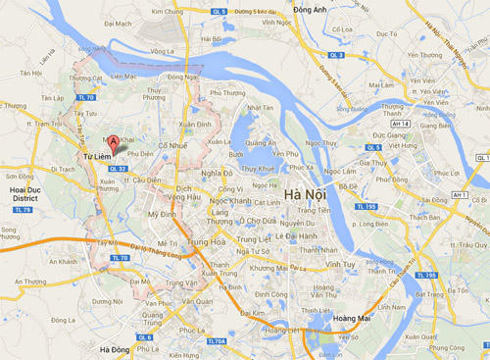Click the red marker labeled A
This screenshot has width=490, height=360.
coord(113,144)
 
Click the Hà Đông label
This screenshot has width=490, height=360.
coord(118,347)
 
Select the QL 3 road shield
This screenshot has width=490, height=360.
coord(336,56)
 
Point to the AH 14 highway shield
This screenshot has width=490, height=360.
coord(399,126)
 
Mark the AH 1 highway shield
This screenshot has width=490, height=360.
coord(459,195)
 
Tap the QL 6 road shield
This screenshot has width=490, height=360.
coord(145,336)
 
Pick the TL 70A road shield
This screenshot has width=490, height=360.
coord(217,341)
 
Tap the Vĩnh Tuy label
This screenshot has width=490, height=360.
coord(341,265)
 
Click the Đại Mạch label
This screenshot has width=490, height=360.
coord(118,23)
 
